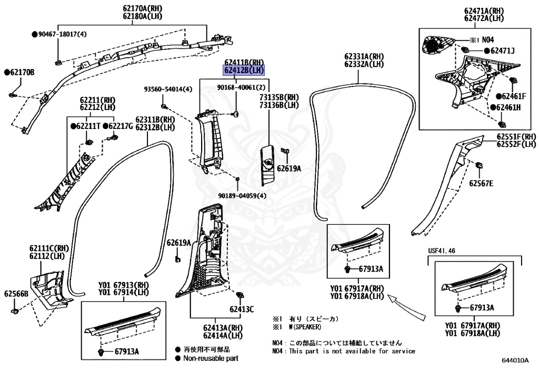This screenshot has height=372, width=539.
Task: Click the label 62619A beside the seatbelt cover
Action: click(289, 169)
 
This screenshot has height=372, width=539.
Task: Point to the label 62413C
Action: click(242, 309)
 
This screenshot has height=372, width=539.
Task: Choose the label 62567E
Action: click(481, 183)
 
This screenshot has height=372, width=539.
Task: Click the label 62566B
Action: click(16, 293)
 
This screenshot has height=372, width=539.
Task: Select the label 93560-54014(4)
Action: click(168, 89)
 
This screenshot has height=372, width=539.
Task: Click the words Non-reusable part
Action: click(210, 359)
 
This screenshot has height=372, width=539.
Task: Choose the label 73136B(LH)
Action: click(278, 105)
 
